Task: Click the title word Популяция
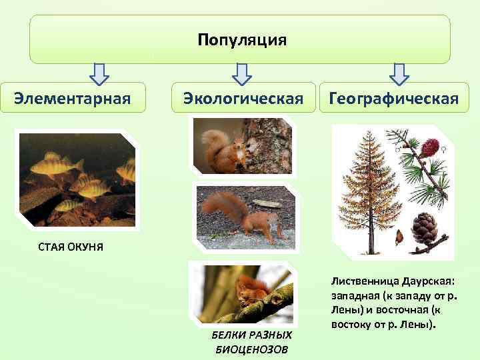pos(241,41)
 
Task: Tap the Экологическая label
pos(243,99)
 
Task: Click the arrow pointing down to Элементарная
pos(99,74)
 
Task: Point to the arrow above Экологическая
pos(242,74)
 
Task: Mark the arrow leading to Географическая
pos(399,74)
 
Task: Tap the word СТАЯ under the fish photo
pos(54,247)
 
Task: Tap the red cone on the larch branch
pos(430,145)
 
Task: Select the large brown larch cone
pos(425,229)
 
